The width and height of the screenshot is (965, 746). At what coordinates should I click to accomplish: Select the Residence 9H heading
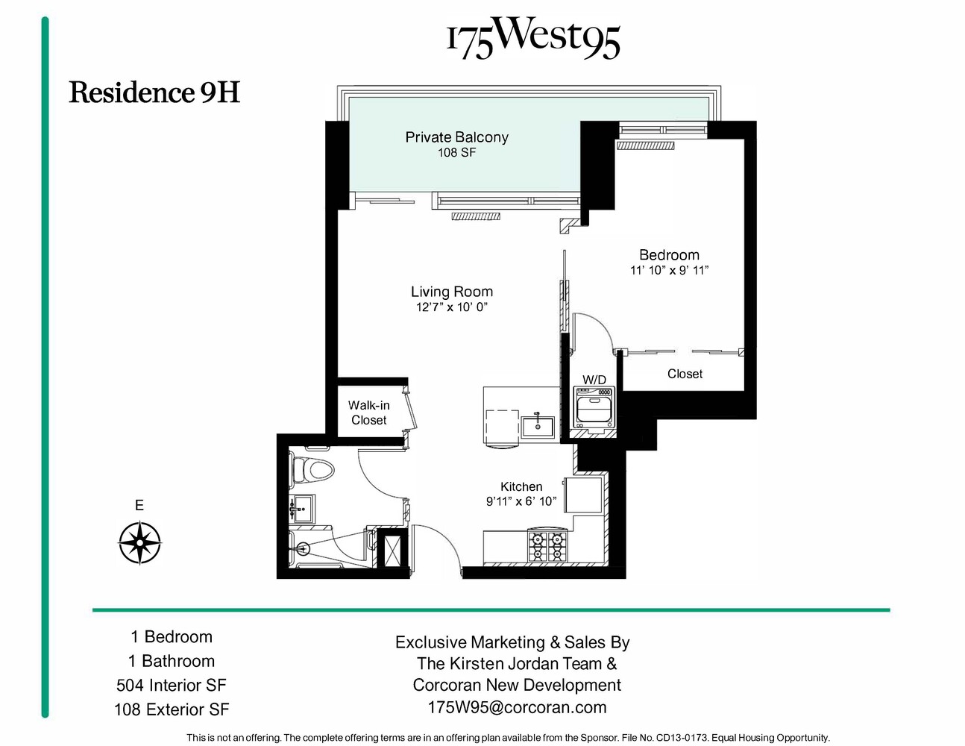click(154, 93)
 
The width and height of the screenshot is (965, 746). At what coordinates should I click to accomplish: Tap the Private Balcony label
click(456, 137)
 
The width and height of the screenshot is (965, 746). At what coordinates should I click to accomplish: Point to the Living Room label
click(451, 292)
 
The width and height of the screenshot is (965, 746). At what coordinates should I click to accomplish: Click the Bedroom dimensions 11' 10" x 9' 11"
click(669, 271)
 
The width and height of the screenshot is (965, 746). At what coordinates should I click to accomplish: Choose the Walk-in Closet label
click(368, 413)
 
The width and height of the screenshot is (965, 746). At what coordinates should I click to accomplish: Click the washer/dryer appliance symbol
click(594, 407)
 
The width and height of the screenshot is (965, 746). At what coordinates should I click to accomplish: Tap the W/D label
click(594, 380)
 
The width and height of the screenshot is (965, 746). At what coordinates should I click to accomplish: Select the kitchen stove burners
click(547, 546)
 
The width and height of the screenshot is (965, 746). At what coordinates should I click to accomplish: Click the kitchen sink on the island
click(537, 426)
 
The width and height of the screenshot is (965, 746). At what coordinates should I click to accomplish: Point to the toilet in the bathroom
click(312, 470)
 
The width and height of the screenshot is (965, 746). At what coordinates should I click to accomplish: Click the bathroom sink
click(302, 510)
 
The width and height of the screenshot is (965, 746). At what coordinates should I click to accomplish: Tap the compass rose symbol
click(139, 542)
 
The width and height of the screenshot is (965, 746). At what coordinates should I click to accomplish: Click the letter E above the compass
click(139, 506)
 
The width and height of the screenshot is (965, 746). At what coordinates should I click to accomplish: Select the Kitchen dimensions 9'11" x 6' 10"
click(521, 501)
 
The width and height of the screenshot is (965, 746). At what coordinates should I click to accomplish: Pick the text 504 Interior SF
click(171, 685)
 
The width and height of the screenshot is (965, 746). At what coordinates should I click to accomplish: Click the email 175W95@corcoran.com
click(516, 707)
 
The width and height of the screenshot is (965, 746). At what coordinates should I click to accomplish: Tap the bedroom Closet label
click(685, 374)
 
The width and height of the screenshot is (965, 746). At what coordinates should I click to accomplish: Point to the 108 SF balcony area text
click(456, 153)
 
